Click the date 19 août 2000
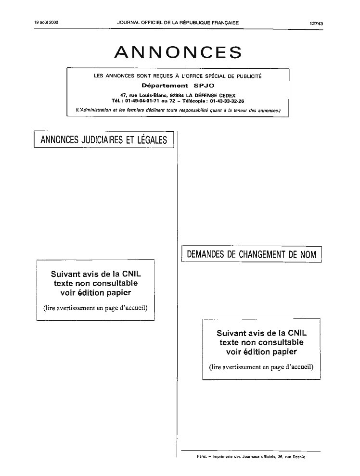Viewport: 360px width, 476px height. pos(46,23)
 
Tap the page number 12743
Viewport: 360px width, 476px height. pos(316,23)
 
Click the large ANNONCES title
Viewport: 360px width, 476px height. pos(178,52)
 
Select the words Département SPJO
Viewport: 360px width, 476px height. pos(178,86)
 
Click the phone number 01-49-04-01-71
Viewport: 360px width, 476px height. pos(142,101)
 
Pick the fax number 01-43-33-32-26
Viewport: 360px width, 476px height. pos(227,101)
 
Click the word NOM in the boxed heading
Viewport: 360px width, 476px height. pos(308,254)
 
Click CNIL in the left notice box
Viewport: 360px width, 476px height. pos(131,274)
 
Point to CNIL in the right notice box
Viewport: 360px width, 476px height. pos(297,333)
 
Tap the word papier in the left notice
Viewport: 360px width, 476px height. pos(118,293)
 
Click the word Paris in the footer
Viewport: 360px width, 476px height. pos(202,456)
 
